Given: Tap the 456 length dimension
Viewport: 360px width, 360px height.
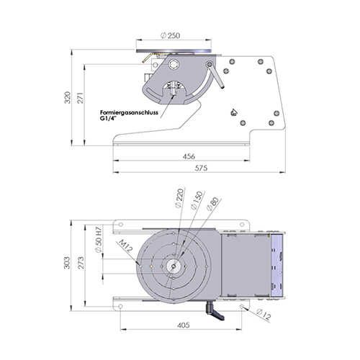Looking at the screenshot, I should point(189,156).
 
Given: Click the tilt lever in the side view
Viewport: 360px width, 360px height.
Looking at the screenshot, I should point(211,74).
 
